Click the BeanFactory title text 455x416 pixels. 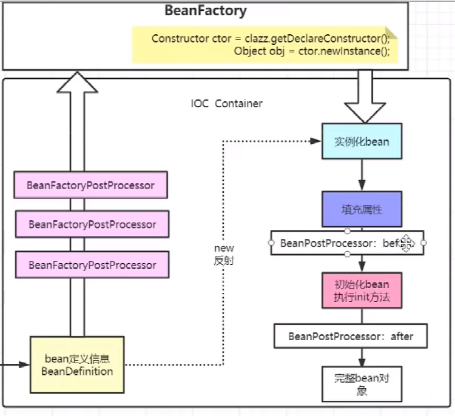click(x=206, y=11)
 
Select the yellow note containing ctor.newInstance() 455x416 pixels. click(x=265, y=44)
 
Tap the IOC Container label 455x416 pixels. click(x=227, y=104)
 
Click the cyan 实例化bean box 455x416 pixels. click(x=362, y=142)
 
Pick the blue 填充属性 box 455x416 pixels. click(x=362, y=209)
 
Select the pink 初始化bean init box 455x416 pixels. click(x=362, y=290)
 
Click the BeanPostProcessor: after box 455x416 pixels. click(x=350, y=336)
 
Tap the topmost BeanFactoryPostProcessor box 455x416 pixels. click(x=90, y=186)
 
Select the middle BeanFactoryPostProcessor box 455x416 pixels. click(x=92, y=224)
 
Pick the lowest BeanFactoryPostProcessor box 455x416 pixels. click(x=92, y=265)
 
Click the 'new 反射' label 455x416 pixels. click(x=223, y=254)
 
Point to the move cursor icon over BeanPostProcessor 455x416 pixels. click(x=405, y=243)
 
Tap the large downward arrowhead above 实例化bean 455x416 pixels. click(x=365, y=111)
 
